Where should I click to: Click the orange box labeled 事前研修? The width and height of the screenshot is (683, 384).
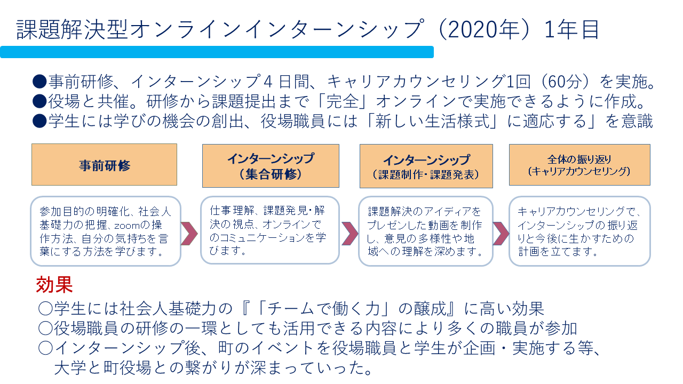(104, 165)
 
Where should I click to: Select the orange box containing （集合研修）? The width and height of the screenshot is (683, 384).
(271, 166)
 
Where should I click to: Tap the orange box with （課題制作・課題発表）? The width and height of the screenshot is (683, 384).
(426, 166)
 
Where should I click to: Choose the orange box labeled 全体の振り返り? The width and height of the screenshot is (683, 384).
(579, 165)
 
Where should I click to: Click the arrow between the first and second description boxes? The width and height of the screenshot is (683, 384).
(189, 234)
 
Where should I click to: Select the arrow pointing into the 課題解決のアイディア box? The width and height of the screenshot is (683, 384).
(350, 234)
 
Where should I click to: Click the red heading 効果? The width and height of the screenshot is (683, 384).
(54, 285)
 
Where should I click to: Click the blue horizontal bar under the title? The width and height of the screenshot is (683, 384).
(217, 52)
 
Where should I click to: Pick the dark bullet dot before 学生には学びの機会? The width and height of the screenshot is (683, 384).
(39, 121)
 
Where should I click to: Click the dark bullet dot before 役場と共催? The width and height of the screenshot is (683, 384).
(39, 101)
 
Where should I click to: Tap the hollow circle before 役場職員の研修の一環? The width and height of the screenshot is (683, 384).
(46, 328)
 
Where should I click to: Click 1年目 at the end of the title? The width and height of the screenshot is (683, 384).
(572, 30)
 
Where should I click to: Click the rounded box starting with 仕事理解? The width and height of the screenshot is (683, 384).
(270, 230)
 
